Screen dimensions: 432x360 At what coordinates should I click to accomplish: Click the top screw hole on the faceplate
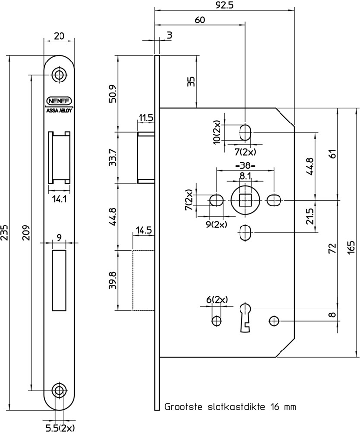59,75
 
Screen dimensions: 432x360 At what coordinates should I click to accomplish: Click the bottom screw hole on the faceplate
59,390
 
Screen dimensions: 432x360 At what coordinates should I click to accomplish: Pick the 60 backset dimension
199,20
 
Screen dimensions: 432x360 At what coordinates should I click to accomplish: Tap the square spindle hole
245,200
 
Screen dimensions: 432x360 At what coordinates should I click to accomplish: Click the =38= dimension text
244,166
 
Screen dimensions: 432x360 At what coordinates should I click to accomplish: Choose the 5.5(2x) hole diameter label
60,427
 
